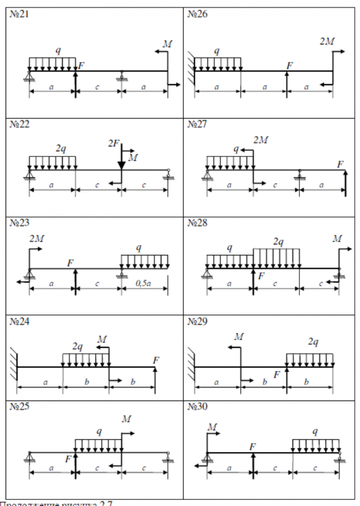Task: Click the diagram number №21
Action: pos(20,14)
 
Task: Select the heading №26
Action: pos(197,14)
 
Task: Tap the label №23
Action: pos(20,223)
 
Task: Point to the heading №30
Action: pos(197,407)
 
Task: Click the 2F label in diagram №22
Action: pos(114,144)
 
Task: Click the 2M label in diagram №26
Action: pos(327,41)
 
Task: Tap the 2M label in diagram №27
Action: pos(261,140)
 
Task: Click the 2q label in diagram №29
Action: pos(313,342)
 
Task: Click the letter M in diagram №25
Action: pos(126,419)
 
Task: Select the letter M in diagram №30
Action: pos(212,428)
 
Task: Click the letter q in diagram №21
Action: pos(59,51)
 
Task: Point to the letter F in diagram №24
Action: pos(156,360)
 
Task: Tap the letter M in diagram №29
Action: pos(239,336)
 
